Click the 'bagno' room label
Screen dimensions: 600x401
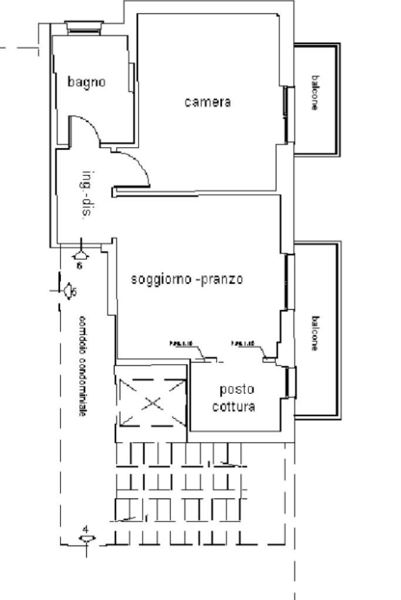[86, 82]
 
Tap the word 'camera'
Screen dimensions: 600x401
[208, 102]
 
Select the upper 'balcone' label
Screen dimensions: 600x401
[316, 93]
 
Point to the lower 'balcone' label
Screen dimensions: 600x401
[316, 333]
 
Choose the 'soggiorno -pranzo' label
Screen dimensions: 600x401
[187, 279]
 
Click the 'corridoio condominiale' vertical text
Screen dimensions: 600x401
[83, 366]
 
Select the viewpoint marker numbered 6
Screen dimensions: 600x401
[80, 255]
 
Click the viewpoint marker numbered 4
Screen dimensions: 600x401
[86, 538]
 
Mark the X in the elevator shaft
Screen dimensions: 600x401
[152, 403]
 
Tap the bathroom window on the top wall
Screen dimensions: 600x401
[83, 27]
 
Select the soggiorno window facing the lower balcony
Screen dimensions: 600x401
[288, 282]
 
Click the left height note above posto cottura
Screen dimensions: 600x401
[179, 343]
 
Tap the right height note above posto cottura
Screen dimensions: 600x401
[243, 343]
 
